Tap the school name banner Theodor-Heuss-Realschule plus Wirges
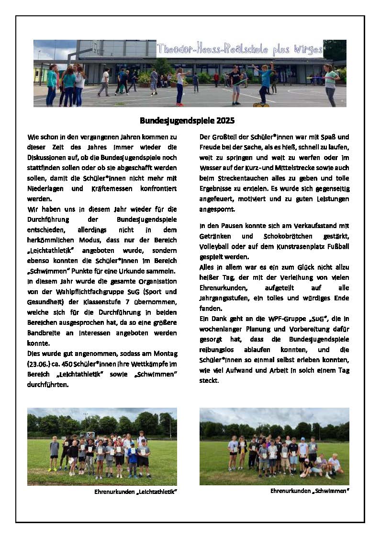click(240, 49)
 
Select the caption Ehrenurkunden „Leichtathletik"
click(133, 492)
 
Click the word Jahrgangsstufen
click(223, 298)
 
